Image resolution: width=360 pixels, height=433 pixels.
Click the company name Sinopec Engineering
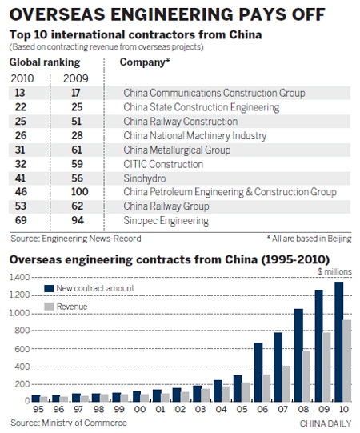166,220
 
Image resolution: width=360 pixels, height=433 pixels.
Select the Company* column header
144,62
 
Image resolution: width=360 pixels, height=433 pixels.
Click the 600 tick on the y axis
18,349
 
